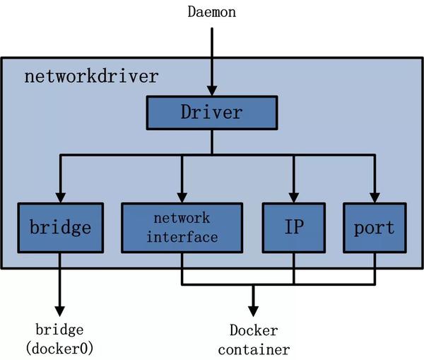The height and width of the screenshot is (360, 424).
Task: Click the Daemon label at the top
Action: pos(211,12)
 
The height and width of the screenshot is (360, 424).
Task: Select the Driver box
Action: pos(211,112)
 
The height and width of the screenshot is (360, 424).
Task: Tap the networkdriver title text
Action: pos(92,76)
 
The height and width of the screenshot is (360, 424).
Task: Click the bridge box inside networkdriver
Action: pos(60,228)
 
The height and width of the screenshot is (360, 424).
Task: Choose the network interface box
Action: pos(182,228)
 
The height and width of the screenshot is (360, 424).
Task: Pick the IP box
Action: pos(294,228)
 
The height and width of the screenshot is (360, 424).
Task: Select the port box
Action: pos(375,228)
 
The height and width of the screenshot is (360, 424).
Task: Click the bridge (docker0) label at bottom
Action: pos(60,339)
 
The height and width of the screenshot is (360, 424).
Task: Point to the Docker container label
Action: pos(253,340)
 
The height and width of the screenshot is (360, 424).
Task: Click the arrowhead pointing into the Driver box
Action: pos(211,91)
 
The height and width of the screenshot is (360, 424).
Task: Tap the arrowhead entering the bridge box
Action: pos(60,197)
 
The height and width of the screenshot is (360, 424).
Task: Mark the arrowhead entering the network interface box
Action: pos(182,197)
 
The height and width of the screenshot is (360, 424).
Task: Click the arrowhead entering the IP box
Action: pos(294,197)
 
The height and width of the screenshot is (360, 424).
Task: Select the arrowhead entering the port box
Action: pos(375,197)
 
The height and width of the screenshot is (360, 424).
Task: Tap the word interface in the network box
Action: pos(182,237)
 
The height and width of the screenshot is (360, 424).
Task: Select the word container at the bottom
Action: pos(253,349)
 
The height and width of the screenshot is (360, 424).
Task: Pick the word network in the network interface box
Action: pos(182,219)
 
